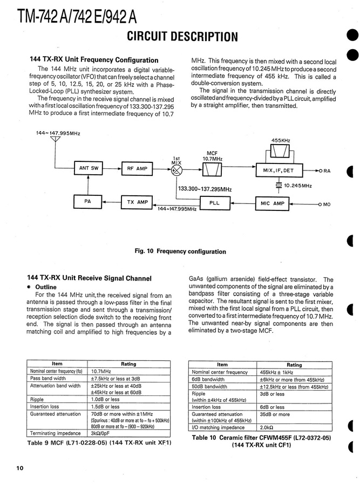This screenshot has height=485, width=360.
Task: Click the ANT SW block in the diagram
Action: pyautogui.click(x=89, y=168)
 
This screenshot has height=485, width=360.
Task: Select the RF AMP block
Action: pyautogui.click(x=137, y=168)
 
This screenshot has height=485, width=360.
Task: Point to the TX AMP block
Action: pyautogui.click(x=137, y=202)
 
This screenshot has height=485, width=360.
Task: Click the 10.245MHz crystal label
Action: pyautogui.click(x=297, y=186)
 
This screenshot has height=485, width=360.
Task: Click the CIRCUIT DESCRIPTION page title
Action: pyautogui.click(x=182, y=37)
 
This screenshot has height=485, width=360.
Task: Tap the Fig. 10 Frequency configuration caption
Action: pyautogui.click(x=180, y=251)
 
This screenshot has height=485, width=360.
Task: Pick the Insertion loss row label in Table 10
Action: pyautogui.click(x=206, y=407)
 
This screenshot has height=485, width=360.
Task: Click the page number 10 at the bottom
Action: pyautogui.click(x=20, y=468)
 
